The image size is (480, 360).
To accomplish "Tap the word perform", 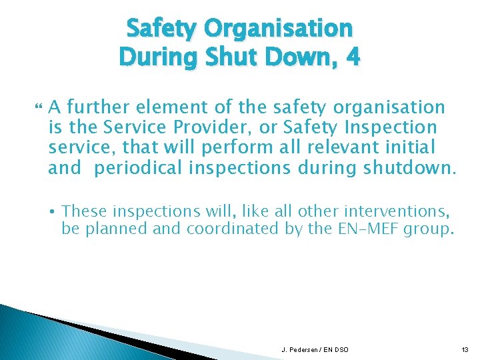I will pos(243,147).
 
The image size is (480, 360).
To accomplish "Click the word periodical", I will pos(137,168).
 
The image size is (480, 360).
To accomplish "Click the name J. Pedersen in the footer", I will pos(299,350).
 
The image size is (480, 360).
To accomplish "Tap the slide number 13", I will pos(464,350).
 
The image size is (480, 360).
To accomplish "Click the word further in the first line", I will pos(96,107).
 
